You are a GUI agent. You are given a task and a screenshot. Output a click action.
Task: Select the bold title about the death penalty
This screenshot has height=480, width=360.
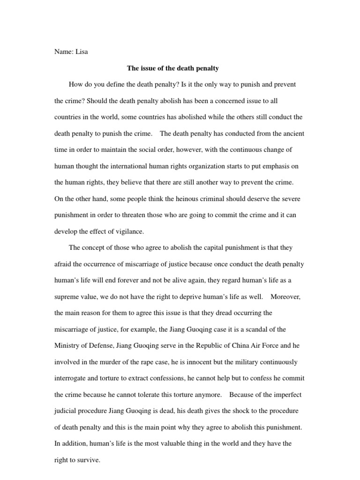[x=173, y=68]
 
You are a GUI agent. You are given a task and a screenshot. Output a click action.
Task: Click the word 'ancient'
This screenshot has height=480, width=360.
[x=292, y=134]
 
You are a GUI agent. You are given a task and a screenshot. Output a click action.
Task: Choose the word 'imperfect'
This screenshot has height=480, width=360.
[x=291, y=394]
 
